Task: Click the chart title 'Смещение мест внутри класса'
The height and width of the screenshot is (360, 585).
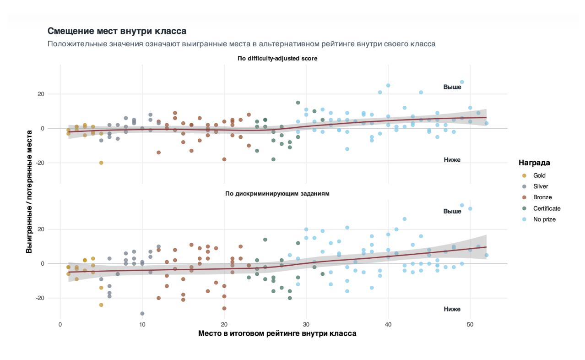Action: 117,32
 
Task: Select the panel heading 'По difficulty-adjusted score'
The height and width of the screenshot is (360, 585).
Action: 277,59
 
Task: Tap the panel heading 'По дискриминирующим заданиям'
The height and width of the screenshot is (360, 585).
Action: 277,194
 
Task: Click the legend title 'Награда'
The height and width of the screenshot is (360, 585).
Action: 534,163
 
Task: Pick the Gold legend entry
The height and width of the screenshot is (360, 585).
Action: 539,175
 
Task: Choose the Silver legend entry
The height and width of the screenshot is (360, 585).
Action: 540,186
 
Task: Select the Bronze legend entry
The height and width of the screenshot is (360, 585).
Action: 542,197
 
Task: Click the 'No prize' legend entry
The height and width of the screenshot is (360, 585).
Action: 544,219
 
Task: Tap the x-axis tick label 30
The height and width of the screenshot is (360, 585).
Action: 306,325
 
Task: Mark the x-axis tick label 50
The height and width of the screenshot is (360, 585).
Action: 470,325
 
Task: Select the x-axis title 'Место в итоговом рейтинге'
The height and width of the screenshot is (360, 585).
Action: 277,333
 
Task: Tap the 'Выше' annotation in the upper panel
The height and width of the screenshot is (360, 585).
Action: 452,87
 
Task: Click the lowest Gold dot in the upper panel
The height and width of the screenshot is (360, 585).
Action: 101,163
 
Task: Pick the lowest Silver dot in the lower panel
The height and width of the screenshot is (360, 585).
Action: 142,314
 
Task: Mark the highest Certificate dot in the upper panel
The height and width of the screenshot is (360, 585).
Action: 298,103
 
